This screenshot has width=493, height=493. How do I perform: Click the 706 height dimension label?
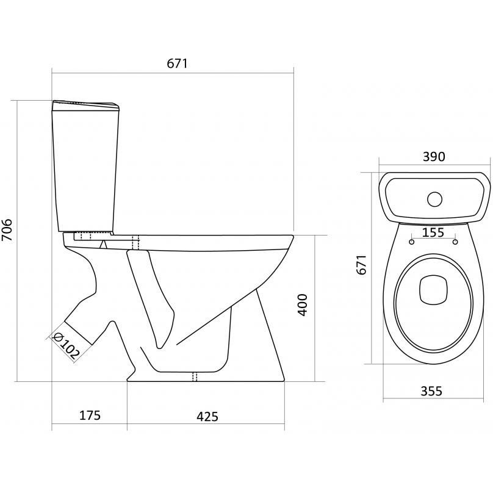point(7,230)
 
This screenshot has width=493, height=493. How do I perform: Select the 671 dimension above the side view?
point(177,63)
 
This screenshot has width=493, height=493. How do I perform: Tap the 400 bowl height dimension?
point(303,304)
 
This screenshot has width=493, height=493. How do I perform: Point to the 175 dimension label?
point(90,416)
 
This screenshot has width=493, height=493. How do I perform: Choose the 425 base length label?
point(207,417)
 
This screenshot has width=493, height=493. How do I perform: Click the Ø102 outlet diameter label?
point(67,345)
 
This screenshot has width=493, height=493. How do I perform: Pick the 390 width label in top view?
point(434,157)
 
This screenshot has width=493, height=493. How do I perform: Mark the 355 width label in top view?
point(431,391)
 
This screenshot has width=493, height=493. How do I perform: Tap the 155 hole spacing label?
point(433,232)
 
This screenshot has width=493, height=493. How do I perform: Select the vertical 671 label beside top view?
point(362,265)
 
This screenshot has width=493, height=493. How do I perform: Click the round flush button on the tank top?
point(434,199)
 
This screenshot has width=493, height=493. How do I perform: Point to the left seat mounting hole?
point(412,242)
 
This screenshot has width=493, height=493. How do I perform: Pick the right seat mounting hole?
point(455,242)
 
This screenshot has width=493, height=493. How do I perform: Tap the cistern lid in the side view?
point(85,106)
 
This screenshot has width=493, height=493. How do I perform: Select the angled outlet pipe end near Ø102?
point(79,333)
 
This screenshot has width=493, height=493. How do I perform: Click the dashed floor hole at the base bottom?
point(195,376)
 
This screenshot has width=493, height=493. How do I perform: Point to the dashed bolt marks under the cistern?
point(85,235)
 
